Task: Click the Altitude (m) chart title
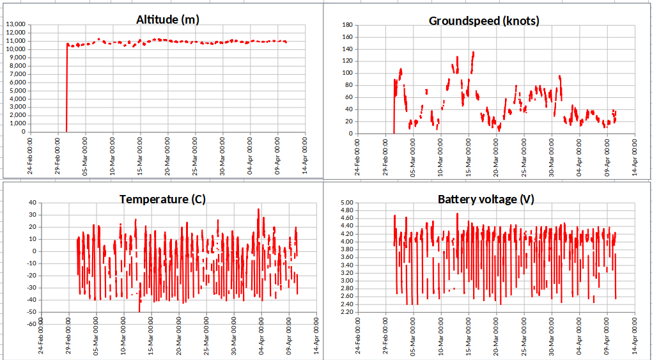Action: tap(167, 20)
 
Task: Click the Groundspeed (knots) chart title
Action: tap(484, 21)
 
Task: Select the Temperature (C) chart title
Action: tap(162, 200)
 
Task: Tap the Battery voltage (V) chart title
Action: tap(486, 200)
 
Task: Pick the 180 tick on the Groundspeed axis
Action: tap(348, 25)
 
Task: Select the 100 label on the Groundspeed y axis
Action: tap(348, 73)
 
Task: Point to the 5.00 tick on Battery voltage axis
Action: tap(346, 203)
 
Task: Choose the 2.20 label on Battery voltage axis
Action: tap(346, 311)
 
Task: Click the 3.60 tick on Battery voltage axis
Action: tap(346, 257)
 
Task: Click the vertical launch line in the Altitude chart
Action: tap(66, 90)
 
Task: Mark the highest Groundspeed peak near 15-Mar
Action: tap(473, 52)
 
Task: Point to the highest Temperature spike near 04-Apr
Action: tap(258, 209)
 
